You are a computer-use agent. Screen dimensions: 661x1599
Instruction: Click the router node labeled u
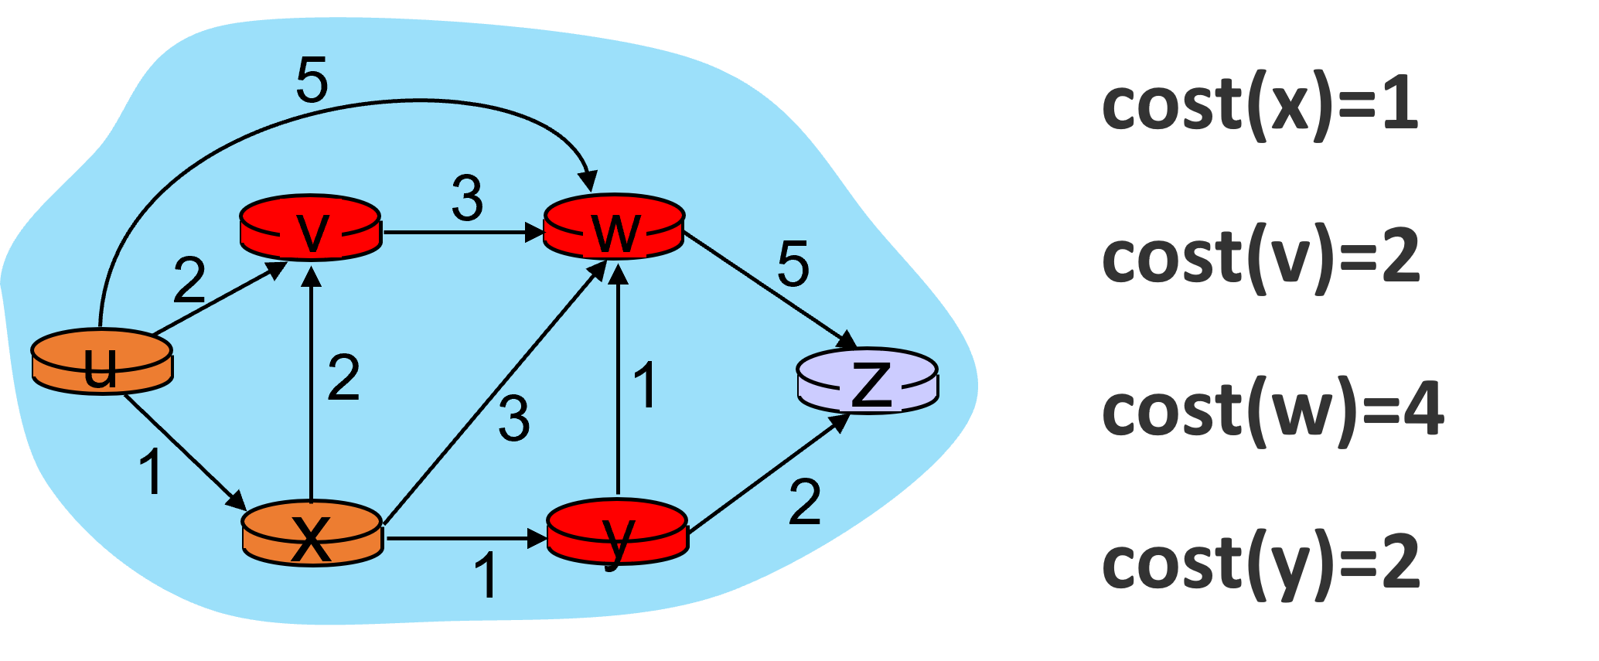[102, 362]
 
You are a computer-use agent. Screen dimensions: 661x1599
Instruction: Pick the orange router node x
[312, 533]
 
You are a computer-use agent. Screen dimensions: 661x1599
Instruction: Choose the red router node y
[617, 532]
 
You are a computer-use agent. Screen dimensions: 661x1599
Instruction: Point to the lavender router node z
[868, 380]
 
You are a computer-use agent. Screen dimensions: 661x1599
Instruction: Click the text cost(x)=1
[1260, 106]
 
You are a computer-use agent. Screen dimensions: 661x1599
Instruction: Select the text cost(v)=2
[1260, 258]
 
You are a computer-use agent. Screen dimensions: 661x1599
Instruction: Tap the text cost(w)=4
[1272, 411]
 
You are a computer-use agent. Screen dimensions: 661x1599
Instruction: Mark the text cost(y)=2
[1260, 564]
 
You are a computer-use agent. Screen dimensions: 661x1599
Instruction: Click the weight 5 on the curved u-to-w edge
[312, 80]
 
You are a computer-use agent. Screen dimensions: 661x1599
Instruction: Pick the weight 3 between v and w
[468, 199]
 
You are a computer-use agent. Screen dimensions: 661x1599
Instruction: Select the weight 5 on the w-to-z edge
[793, 264]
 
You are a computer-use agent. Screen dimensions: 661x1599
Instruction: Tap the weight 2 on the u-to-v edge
[189, 280]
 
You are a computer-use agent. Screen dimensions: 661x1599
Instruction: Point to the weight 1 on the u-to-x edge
[152, 472]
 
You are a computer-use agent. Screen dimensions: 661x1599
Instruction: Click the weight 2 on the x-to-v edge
[343, 378]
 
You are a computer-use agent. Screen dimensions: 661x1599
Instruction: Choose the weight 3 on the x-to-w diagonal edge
[514, 419]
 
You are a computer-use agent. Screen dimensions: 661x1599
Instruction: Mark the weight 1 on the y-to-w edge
[645, 384]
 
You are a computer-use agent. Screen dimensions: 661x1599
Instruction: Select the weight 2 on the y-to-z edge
[804, 503]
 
